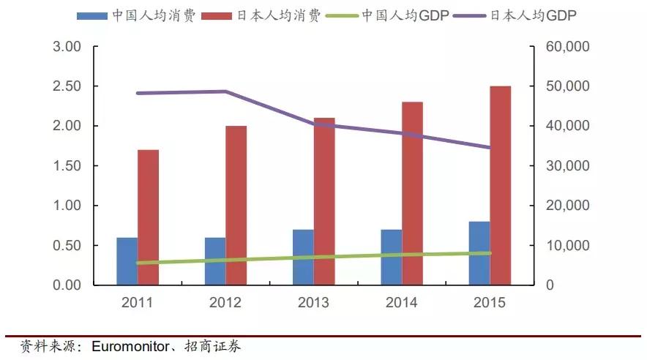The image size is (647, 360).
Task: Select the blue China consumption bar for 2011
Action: (x=127, y=261)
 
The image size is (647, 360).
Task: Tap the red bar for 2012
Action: (x=236, y=205)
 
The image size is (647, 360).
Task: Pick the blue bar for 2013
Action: (x=303, y=257)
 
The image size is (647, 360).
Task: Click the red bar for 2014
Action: (x=412, y=193)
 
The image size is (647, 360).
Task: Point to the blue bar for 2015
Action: (x=479, y=253)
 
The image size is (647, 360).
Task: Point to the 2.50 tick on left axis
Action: (x=67, y=86)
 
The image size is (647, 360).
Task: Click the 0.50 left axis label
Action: (x=67, y=245)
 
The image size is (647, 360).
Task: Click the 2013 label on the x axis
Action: (x=313, y=302)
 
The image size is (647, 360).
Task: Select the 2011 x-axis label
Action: (x=137, y=302)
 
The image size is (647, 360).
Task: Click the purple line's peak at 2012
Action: (x=225, y=91)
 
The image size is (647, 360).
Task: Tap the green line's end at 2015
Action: (x=490, y=253)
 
